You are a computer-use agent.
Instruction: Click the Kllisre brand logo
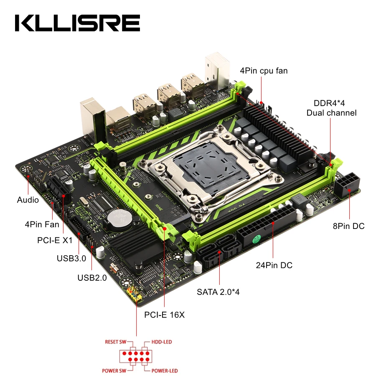coord(77,23)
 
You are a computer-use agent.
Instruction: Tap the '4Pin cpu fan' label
coord(264,71)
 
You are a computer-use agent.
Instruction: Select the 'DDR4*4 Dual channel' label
coord(331,108)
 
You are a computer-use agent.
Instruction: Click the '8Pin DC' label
coord(348,226)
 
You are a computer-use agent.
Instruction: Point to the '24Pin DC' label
coord(274,265)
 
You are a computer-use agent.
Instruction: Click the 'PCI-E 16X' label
coord(164,315)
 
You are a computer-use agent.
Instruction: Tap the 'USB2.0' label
coord(92,277)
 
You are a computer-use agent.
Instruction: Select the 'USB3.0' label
coord(71,258)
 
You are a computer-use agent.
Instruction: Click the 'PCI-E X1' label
coord(55,241)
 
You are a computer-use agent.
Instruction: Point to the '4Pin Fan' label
coord(42,224)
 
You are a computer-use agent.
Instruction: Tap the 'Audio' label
coord(28,200)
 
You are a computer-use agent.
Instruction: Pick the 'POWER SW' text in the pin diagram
coord(113,371)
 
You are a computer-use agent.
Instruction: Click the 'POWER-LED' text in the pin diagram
coord(164,371)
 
